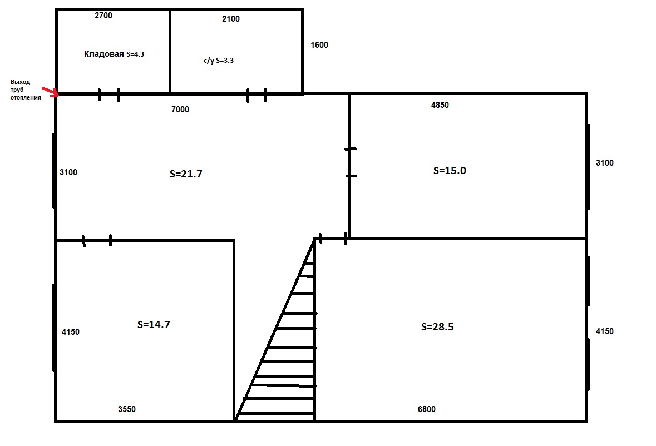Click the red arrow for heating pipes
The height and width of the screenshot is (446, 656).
point(51,92)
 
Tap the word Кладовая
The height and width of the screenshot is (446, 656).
point(103,54)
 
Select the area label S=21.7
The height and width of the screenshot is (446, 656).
point(186,174)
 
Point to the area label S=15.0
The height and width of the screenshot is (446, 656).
point(450,171)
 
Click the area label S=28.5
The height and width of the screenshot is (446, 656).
point(437,327)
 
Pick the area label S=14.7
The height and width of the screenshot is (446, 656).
point(154,325)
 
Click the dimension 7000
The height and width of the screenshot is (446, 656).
point(180,110)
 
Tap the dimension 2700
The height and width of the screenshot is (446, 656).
point(103,16)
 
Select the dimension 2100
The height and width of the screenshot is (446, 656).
point(231,19)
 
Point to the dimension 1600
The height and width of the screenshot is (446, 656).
point(319,45)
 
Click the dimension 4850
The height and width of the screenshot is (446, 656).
point(440,105)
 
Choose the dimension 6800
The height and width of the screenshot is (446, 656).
point(427,409)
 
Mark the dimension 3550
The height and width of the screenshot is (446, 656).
point(127,409)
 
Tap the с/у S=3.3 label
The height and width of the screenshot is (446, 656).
point(219,61)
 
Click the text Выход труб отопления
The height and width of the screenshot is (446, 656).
point(26,90)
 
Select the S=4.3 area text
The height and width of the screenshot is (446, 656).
point(135,54)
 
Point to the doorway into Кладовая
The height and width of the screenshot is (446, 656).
point(108,95)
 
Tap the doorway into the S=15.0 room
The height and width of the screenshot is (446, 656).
point(351,162)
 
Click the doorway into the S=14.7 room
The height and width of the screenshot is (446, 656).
point(97,241)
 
